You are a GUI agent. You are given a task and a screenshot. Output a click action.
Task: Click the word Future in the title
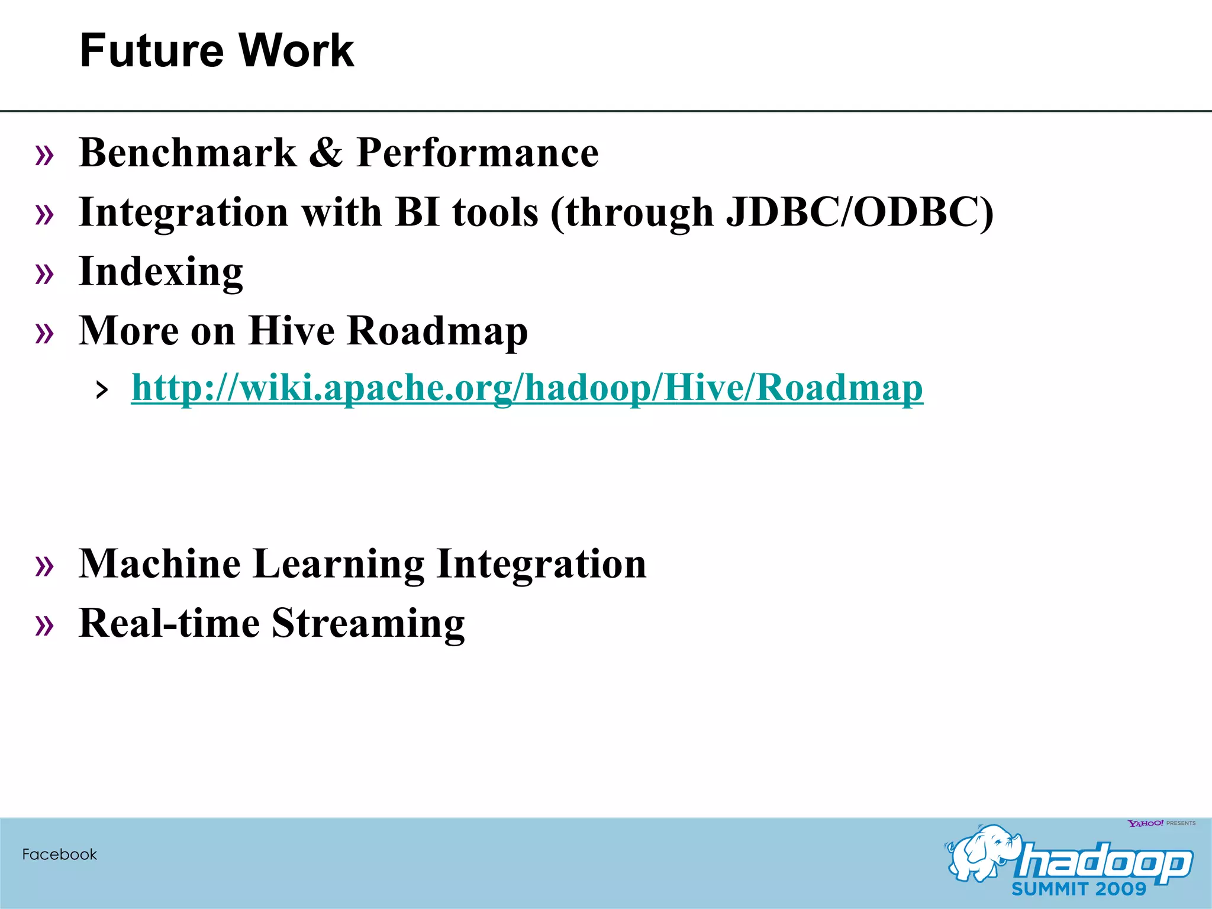pyautogui.click(x=151, y=51)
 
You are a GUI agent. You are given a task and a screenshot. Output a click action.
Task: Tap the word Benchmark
pyautogui.click(x=187, y=153)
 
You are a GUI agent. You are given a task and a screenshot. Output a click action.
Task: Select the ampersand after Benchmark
pyautogui.click(x=325, y=153)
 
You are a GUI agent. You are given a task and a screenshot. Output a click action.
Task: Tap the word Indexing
pyautogui.click(x=160, y=272)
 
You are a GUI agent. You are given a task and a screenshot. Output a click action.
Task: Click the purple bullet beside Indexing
pyautogui.click(x=44, y=274)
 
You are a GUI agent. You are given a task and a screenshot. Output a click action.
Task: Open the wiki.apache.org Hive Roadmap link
pyautogui.click(x=527, y=388)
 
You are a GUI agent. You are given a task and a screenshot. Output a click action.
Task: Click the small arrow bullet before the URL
pyautogui.click(x=102, y=391)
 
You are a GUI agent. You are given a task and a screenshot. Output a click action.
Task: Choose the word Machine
pyautogui.click(x=160, y=563)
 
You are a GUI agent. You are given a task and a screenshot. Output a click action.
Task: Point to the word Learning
pyautogui.click(x=339, y=565)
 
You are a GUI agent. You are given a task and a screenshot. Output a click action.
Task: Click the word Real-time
pyautogui.click(x=169, y=623)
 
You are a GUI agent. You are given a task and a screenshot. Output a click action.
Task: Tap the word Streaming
pyautogui.click(x=368, y=624)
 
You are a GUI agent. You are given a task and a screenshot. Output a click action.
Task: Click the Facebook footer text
pyautogui.click(x=59, y=855)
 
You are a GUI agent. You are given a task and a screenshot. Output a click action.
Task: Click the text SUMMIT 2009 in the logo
pyautogui.click(x=1078, y=889)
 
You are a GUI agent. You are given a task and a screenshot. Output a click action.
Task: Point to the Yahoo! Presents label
pyautogui.click(x=1161, y=823)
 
